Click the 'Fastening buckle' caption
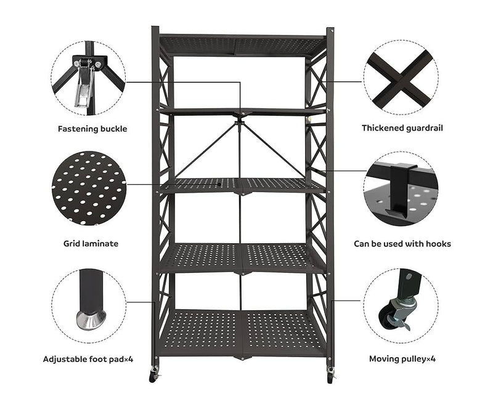pos(92,129)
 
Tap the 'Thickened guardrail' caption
pos(402,128)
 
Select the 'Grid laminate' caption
pos(91,244)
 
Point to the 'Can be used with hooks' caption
pos(402,244)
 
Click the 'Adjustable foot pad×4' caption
pos(88,359)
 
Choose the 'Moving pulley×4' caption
pos(402,359)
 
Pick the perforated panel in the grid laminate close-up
pos(89,188)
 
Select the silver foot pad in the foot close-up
pos(91,320)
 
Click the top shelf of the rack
pos(242,46)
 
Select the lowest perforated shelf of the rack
pos(242,333)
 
